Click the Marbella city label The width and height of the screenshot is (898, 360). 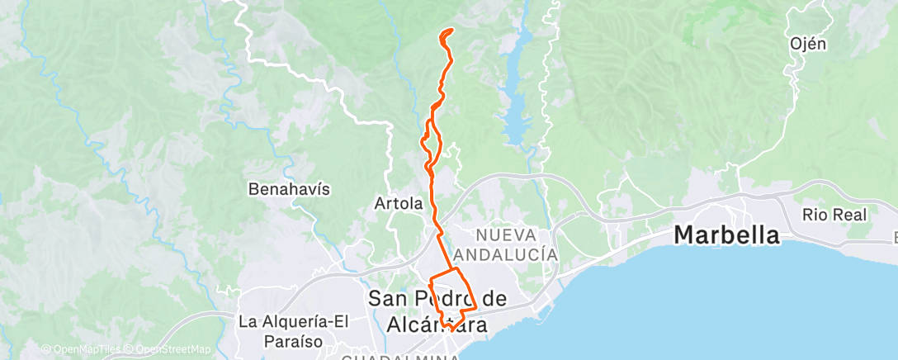coord(726,234)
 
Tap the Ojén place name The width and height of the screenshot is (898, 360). coord(807,44)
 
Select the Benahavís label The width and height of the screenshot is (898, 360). coord(289,189)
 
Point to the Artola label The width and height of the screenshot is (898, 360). coord(398,202)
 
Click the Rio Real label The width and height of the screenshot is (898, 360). coord(834,215)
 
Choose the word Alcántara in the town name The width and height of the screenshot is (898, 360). coord(437,324)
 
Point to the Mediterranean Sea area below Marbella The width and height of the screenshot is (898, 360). coord(743,306)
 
